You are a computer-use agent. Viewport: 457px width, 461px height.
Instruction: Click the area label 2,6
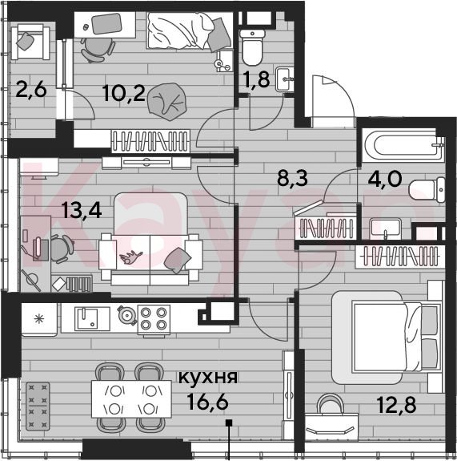(x=31, y=89)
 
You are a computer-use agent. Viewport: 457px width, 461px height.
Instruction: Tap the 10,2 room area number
(x=124, y=93)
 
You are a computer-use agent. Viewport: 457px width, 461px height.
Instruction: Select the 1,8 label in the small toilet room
(x=256, y=80)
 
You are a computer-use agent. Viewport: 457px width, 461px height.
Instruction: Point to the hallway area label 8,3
(x=292, y=179)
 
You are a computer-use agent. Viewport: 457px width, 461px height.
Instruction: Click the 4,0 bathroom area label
(x=385, y=179)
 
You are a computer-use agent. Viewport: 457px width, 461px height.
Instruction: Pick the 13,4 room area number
(x=82, y=210)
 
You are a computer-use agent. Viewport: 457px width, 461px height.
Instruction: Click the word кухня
(x=208, y=377)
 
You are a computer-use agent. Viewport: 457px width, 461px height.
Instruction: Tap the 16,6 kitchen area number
(x=208, y=402)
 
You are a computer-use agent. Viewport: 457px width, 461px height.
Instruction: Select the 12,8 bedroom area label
(x=396, y=405)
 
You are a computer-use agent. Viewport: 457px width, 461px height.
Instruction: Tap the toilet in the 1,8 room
(x=252, y=47)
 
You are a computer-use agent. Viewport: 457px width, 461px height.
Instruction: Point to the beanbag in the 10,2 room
(x=166, y=102)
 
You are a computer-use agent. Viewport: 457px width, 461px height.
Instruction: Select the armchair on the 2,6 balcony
(x=30, y=42)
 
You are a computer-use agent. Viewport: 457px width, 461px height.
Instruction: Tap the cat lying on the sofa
(x=131, y=257)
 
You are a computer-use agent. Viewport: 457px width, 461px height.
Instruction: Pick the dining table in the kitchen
(x=131, y=399)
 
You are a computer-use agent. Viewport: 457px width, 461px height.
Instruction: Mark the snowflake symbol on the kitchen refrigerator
(x=38, y=319)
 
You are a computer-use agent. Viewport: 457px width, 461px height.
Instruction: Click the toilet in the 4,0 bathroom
(x=427, y=190)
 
